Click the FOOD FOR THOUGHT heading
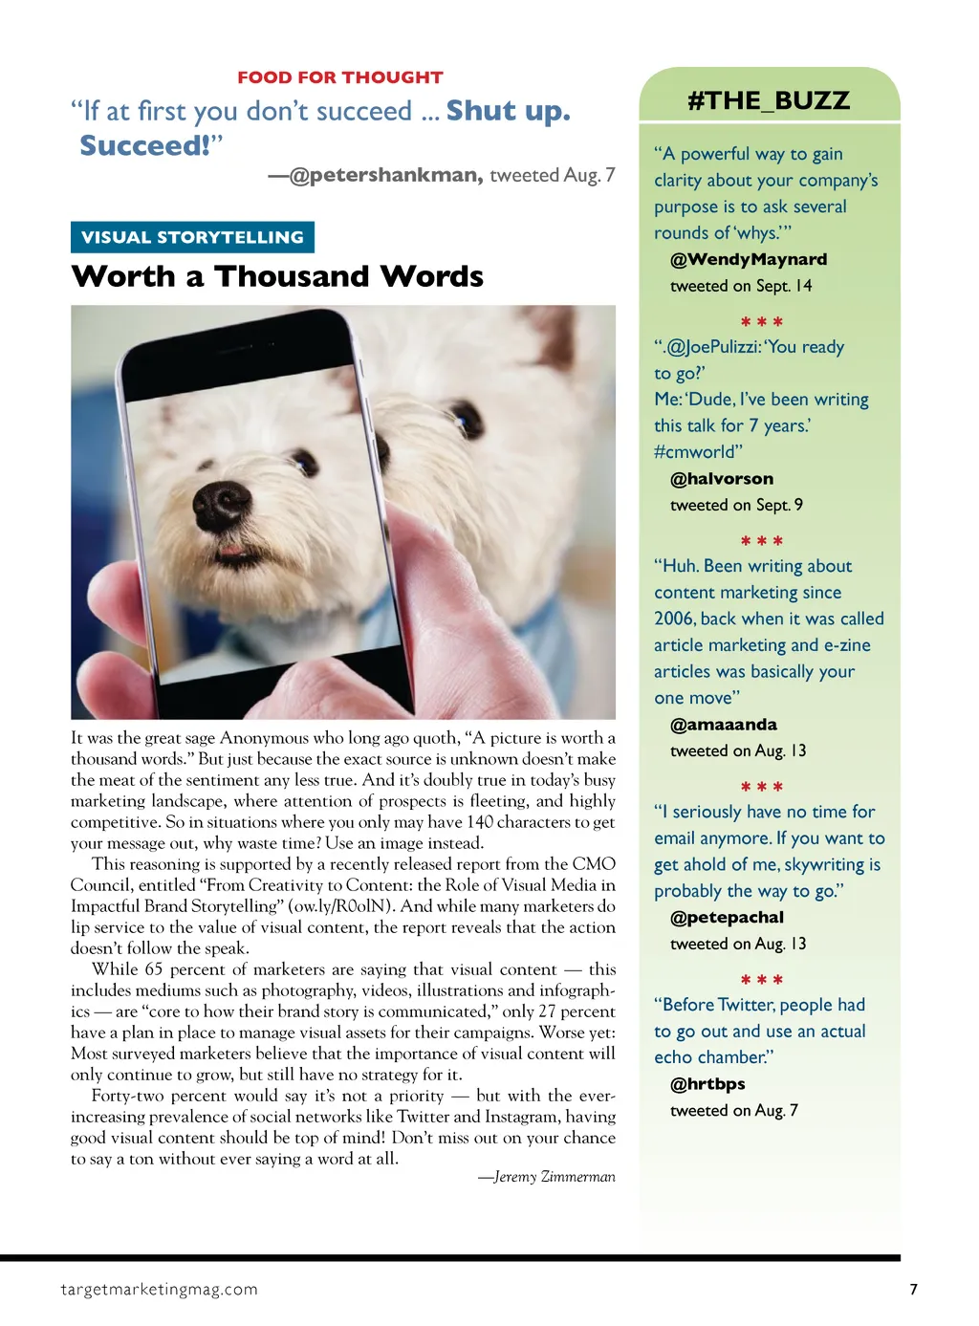click(x=339, y=77)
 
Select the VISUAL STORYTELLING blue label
click(x=192, y=237)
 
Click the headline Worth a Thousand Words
click(x=277, y=276)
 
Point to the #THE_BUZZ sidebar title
click(x=769, y=100)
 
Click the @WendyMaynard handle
click(x=749, y=259)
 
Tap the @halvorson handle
click(x=722, y=479)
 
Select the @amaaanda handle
click(x=724, y=725)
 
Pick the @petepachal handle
click(x=727, y=918)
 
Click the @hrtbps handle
click(x=707, y=1084)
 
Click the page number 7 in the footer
click(x=913, y=1289)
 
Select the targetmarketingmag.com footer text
click(x=159, y=1289)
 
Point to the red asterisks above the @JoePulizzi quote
click(x=762, y=322)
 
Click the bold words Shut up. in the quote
click(x=508, y=111)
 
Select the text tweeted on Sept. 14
click(x=741, y=286)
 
